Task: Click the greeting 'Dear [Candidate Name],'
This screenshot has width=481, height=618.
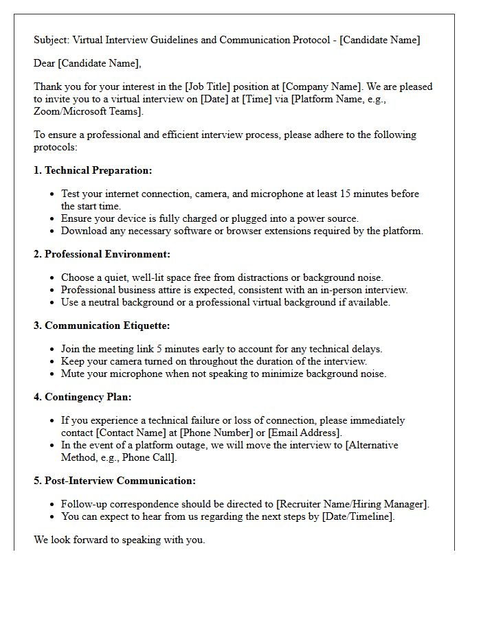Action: tap(87, 64)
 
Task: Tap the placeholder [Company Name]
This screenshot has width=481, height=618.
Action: tap(321, 87)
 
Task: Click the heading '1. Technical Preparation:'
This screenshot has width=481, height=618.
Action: tap(93, 170)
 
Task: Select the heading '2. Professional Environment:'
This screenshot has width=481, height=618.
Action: tap(102, 254)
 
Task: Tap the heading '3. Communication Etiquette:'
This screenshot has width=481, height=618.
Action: tap(102, 325)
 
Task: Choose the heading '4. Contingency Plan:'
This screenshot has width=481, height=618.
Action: tap(82, 397)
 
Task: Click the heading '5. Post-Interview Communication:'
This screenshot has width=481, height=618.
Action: tap(115, 481)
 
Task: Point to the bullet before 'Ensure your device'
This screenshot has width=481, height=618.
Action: tap(52, 219)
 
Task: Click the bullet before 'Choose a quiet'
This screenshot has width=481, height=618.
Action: tap(52, 278)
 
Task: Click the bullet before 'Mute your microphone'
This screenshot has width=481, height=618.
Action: tap(52, 374)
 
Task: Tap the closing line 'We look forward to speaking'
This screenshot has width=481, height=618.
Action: tap(119, 540)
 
